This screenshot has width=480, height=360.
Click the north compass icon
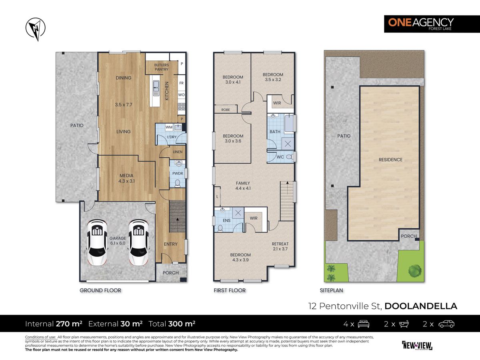(x=36, y=29)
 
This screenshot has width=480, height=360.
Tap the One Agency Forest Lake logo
(x=432, y=24)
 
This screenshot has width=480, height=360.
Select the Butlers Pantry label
(x=161, y=67)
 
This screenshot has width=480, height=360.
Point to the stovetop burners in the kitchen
(x=182, y=106)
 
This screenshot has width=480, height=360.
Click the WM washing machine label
(x=169, y=127)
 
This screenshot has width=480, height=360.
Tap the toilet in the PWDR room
(x=177, y=184)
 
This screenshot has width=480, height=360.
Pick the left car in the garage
(x=97, y=242)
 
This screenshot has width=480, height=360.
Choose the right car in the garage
(x=138, y=242)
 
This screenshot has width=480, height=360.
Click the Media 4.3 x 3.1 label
(x=126, y=178)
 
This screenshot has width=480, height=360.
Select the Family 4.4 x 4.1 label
(x=243, y=186)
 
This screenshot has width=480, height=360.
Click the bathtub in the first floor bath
(x=289, y=123)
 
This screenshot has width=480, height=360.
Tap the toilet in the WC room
(x=290, y=157)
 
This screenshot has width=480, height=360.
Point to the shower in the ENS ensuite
(x=238, y=213)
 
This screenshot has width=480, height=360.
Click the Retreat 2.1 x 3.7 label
(x=280, y=246)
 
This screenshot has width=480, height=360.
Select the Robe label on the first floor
(x=226, y=110)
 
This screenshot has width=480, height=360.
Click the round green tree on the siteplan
(x=415, y=271)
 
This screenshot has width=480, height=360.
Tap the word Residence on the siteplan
(x=390, y=160)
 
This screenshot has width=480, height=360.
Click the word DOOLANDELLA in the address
(x=421, y=306)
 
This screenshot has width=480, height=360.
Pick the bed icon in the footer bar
(x=364, y=324)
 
